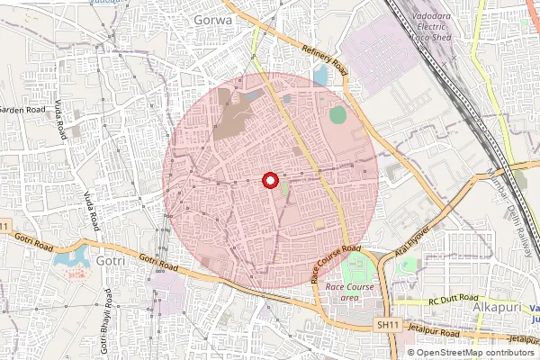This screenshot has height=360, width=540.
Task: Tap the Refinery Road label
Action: pyautogui.click(x=325, y=59)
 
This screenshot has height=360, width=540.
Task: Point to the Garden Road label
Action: pyautogui.click(x=22, y=110)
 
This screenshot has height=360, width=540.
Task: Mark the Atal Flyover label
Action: pyautogui.click(x=410, y=247)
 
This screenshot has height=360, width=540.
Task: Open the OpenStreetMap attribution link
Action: pyautogui.click(x=474, y=353)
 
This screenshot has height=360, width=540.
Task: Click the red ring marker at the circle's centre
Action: pyautogui.click(x=269, y=181)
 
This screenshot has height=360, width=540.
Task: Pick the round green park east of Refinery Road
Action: pyautogui.click(x=337, y=115)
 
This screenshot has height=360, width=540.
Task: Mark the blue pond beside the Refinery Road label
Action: pyautogui.click(x=320, y=77)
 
